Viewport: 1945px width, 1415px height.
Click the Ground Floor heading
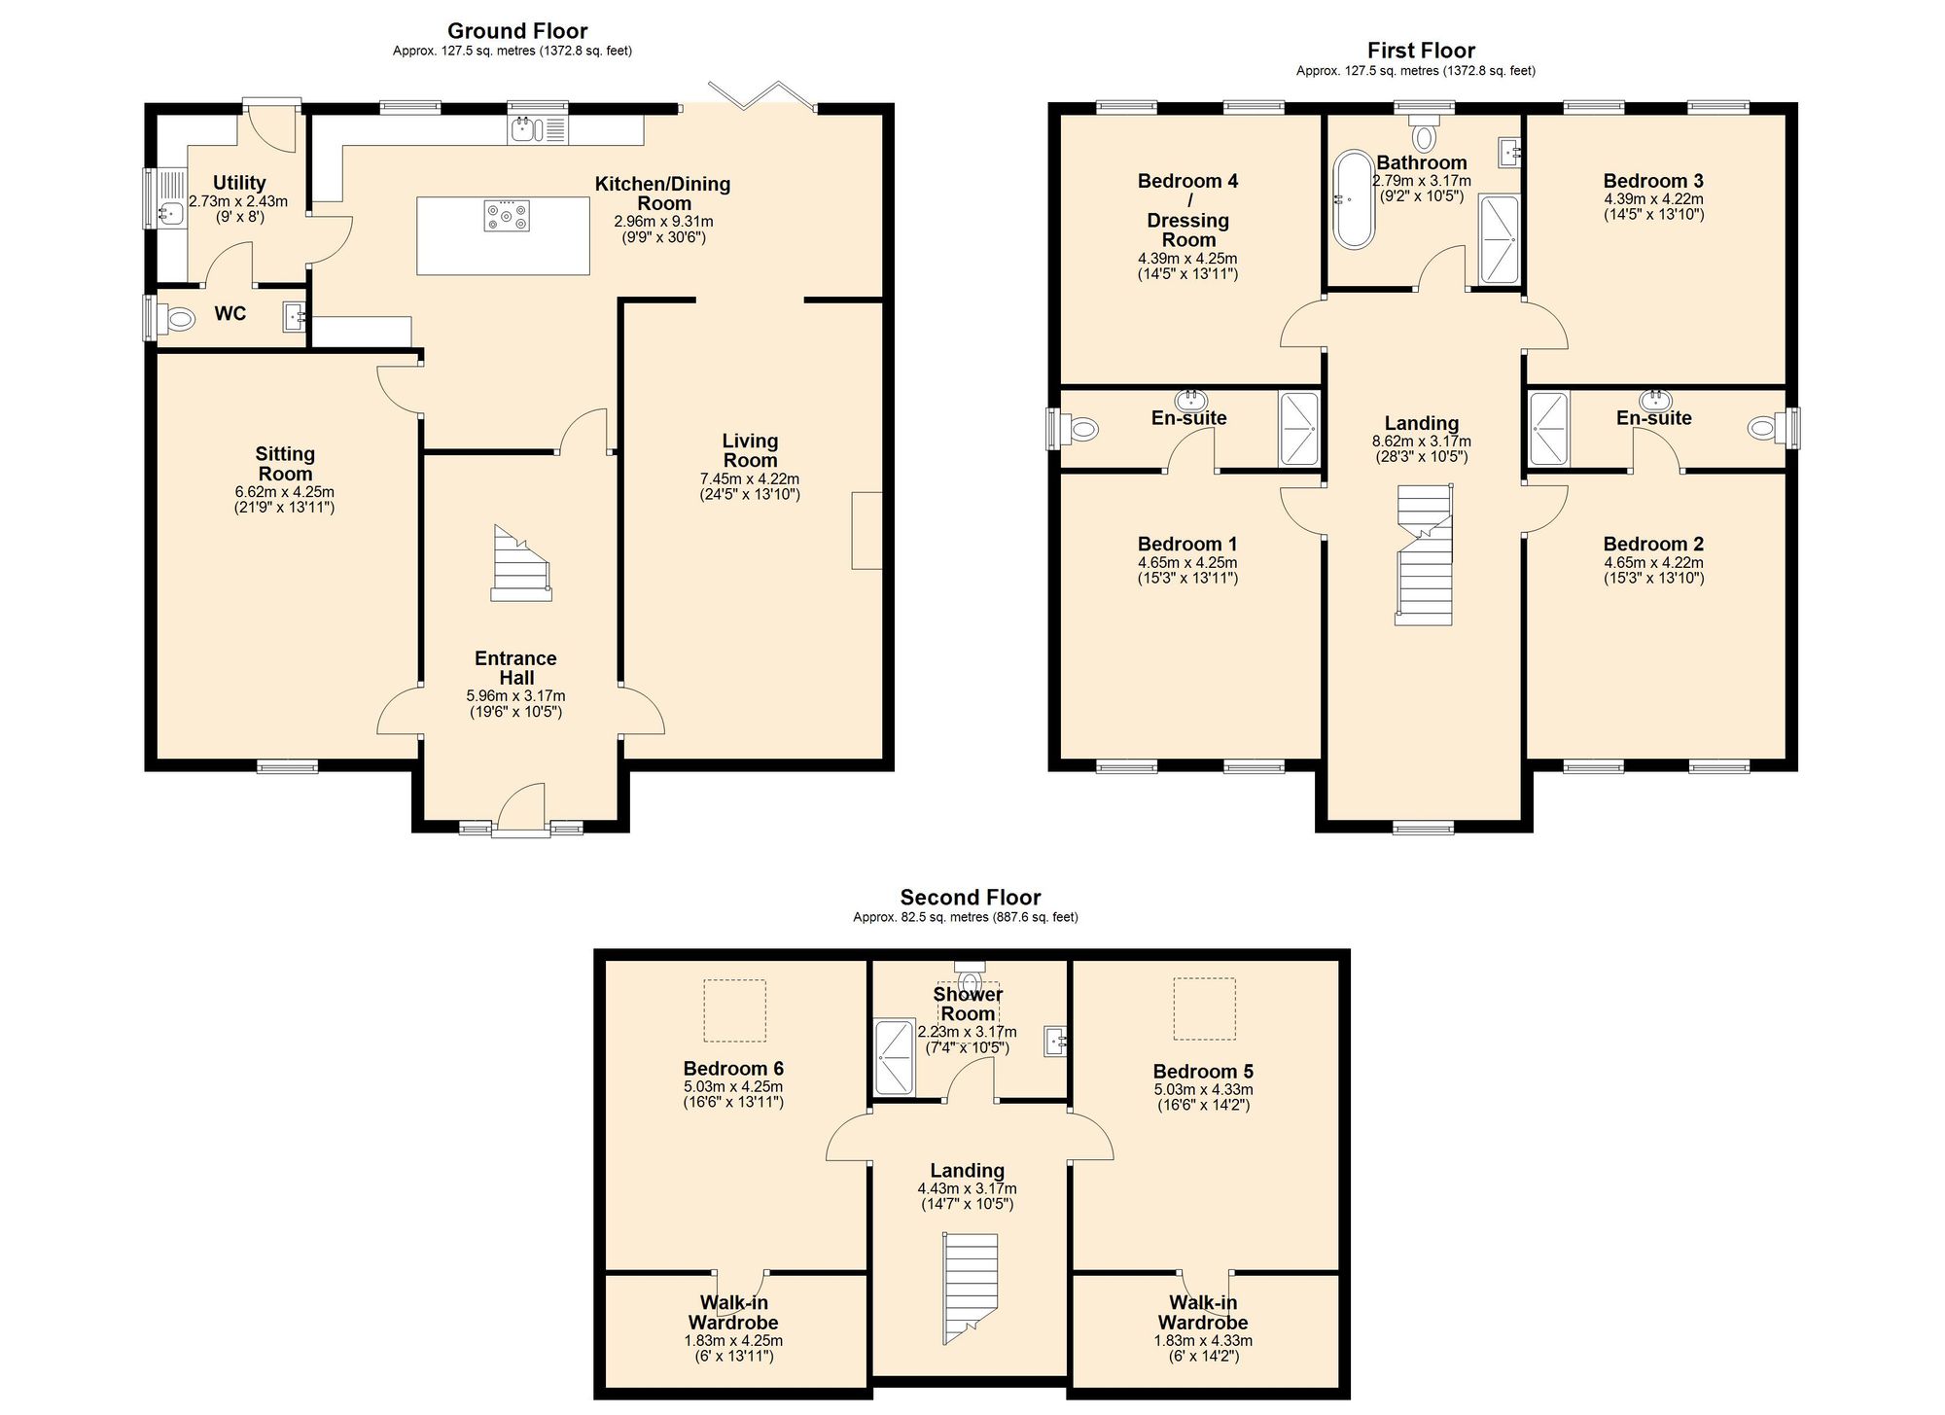pyautogui.click(x=517, y=31)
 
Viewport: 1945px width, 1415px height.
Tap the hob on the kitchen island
pyautogui.click(x=508, y=216)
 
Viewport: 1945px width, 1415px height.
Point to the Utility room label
pyautogui.click(x=239, y=183)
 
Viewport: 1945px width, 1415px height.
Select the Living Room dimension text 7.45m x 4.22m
pyautogui.click(x=750, y=478)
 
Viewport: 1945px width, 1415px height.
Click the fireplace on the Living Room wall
pyautogui.click(x=867, y=530)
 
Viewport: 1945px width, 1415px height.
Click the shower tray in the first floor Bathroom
pyautogui.click(x=1499, y=239)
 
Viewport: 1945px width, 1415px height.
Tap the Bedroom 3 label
pyautogui.click(x=1653, y=181)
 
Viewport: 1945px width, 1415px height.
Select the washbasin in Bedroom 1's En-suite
pyautogui.click(x=1191, y=400)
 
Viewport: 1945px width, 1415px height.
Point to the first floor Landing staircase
pyautogui.click(x=1424, y=554)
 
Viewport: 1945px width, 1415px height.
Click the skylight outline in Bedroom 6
pyautogui.click(x=734, y=1010)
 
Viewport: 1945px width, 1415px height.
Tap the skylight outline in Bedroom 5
pyautogui.click(x=1204, y=1008)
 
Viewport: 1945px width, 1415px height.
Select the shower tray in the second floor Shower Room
pyautogui.click(x=895, y=1057)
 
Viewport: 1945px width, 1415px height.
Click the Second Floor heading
pyautogui.click(x=971, y=898)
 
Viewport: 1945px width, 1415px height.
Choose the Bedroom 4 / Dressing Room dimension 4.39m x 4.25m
pyautogui.click(x=1187, y=259)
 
